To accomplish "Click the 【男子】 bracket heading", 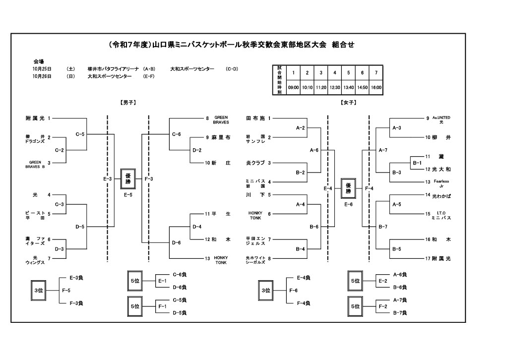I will coord(128,103).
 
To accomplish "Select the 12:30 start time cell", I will coord(335,87).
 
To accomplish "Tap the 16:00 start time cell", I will coord(377,87).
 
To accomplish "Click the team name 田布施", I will coord(255,119).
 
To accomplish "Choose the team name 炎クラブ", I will coord(255,163).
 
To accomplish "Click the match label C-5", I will coord(80,134).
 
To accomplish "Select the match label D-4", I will coord(197,227).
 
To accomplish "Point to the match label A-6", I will coord(314,150).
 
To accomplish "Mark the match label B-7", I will coord(383,227).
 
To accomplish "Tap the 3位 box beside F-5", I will coord(37,291).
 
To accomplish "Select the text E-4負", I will coord(303,278).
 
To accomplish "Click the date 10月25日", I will coord(43,69).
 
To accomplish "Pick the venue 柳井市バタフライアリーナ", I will coord(114,69).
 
